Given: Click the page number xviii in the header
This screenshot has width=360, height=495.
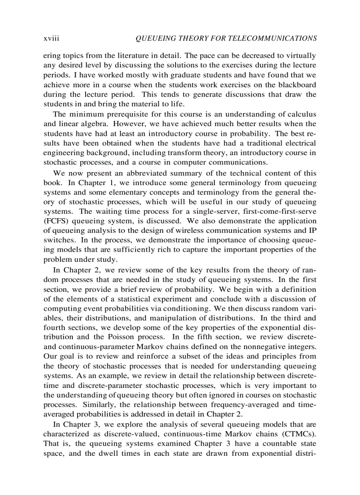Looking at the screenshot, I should pyautogui.click(x=51, y=39).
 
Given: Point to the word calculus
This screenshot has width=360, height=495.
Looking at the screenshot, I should pyautogui.click(x=300, y=114).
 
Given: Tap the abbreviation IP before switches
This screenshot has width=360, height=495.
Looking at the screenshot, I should pyautogui.click(x=312, y=231).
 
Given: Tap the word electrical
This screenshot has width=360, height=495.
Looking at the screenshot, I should pyautogui.click(x=298, y=143).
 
